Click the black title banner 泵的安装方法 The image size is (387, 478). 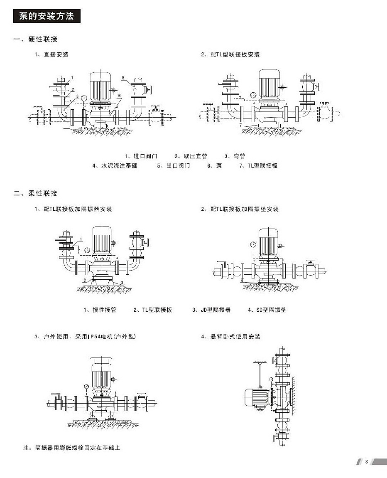[47, 16]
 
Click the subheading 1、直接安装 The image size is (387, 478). [51, 55]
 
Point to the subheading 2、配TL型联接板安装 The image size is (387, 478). [230, 55]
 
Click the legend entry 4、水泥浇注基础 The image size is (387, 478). [114, 166]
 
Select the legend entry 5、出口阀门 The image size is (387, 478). [174, 166]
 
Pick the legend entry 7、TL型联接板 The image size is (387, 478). [258, 166]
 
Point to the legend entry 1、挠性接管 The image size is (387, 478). [100, 310]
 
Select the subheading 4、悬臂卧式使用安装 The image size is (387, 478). [231, 337]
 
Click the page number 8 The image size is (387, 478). [367, 462]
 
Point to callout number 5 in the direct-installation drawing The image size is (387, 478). [123, 78]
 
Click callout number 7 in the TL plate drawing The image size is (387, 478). [240, 124]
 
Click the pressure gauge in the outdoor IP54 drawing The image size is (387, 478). [86, 387]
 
